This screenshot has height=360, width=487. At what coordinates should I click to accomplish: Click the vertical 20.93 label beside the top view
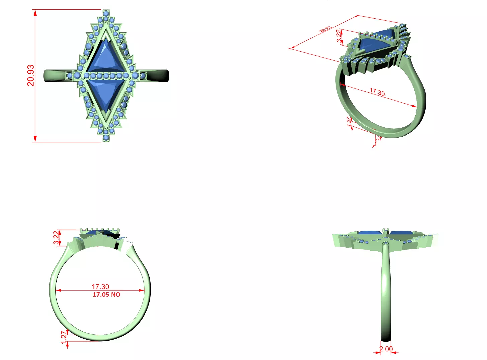(x=31, y=75)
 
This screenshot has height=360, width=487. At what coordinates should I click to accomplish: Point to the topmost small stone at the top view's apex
(x=106, y=13)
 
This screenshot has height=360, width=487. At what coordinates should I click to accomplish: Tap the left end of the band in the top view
(x=47, y=76)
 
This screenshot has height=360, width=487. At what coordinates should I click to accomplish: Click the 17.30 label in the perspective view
(x=377, y=92)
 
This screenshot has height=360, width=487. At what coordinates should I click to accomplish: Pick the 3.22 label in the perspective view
(x=340, y=36)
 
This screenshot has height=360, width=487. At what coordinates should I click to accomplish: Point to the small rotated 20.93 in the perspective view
(x=325, y=29)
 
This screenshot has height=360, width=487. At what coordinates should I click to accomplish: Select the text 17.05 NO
(x=106, y=295)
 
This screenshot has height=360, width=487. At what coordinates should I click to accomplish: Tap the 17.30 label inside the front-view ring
(x=100, y=287)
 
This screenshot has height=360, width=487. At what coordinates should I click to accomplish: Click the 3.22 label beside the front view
(x=56, y=238)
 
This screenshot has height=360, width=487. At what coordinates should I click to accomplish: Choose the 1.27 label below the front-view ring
(x=64, y=337)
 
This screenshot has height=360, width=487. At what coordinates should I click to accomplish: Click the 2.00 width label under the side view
(x=386, y=349)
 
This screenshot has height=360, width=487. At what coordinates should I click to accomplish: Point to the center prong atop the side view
(x=386, y=231)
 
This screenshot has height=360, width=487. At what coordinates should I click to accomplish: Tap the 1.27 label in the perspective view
(x=349, y=122)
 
